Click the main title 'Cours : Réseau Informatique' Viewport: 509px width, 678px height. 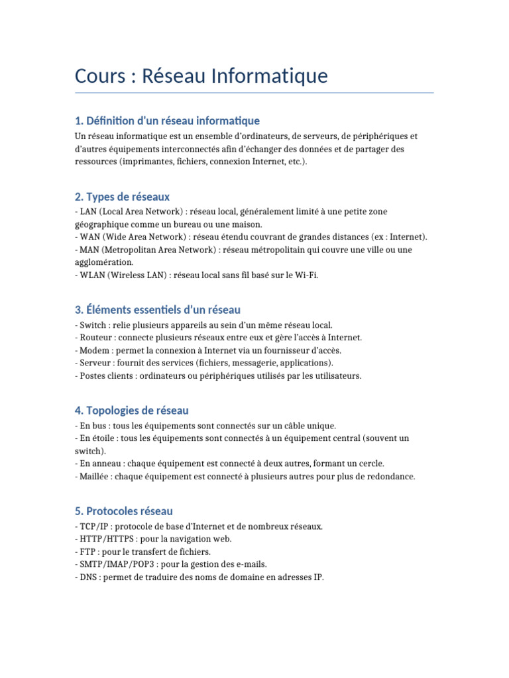[201, 76]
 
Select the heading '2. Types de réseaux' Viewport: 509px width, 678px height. [123, 197]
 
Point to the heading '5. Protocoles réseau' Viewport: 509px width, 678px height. [124, 511]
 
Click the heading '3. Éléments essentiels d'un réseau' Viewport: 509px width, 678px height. [158, 309]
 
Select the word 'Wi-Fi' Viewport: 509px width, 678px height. [307, 275]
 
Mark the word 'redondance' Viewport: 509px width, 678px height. [392, 476]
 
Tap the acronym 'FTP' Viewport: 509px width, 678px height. [86, 552]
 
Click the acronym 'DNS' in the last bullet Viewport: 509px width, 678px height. [87, 577]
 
